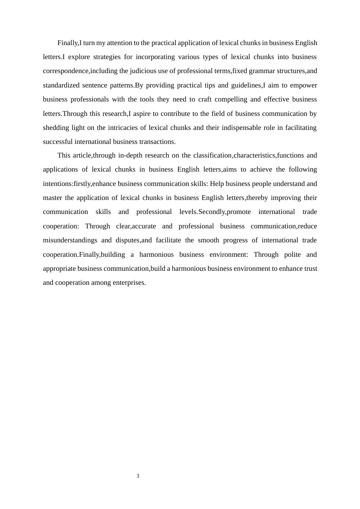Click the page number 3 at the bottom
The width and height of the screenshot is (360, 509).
coord(138,476)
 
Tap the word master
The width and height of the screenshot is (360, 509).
coord(52,198)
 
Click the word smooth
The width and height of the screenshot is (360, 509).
coord(208,240)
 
